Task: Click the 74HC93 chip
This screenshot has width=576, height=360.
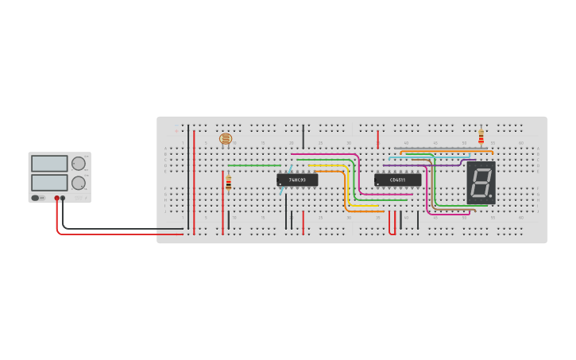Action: pyautogui.click(x=297, y=180)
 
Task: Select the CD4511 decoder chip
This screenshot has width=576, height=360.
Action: pyautogui.click(x=397, y=180)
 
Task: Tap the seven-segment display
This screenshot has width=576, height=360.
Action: pyautogui.click(x=481, y=183)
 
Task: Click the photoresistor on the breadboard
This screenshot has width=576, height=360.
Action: pyautogui.click(x=226, y=139)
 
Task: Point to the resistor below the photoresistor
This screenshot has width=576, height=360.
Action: pyautogui.click(x=229, y=184)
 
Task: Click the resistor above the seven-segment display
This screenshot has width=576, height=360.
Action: pyautogui.click(x=481, y=137)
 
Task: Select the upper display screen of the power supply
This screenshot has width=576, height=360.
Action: pyautogui.click(x=49, y=164)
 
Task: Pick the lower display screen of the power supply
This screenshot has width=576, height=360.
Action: pyautogui.click(x=49, y=182)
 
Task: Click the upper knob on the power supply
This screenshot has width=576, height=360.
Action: pyautogui.click(x=78, y=164)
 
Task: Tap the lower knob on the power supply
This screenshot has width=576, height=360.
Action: pyautogui.click(x=78, y=183)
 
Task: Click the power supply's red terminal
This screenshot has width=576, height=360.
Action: pyautogui.click(x=56, y=198)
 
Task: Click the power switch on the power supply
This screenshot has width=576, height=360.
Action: pyautogui.click(x=37, y=198)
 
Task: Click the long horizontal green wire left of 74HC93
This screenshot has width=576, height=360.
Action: pyautogui.click(x=254, y=165)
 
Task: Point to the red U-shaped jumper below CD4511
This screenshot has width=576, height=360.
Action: pyautogui.click(x=392, y=224)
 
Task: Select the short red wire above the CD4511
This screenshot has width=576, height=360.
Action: pyautogui.click(x=378, y=138)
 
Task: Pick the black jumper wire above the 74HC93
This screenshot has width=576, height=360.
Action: pyautogui.click(x=303, y=136)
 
